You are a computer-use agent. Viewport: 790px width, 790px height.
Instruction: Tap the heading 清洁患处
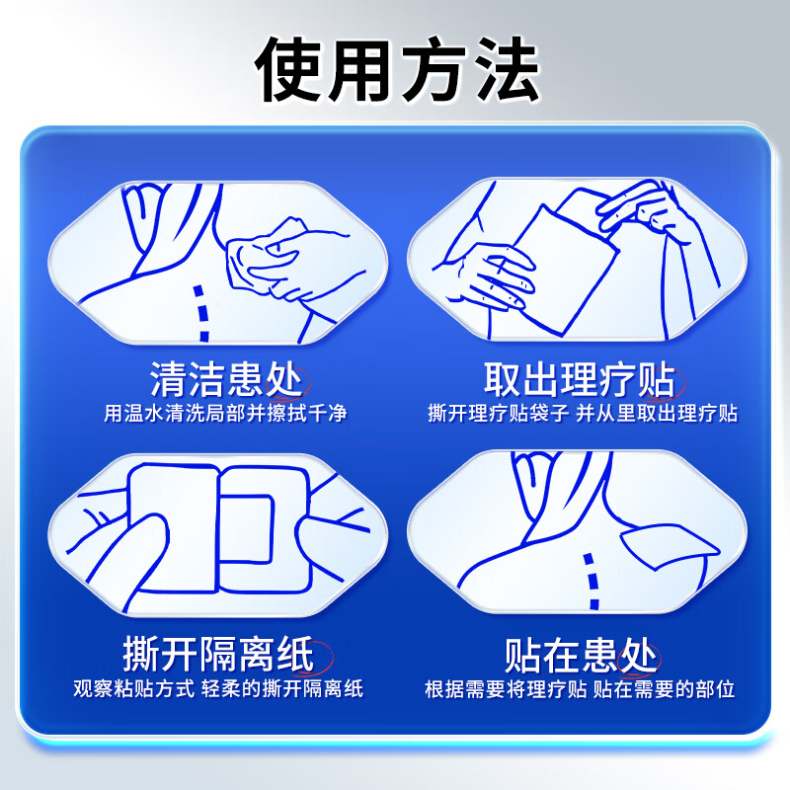coord(226,378)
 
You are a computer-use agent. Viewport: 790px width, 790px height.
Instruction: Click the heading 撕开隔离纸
coord(218,654)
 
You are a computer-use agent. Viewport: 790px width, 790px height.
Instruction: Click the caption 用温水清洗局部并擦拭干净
coord(226,413)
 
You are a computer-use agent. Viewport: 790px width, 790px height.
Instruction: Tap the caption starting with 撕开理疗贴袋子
coord(583,413)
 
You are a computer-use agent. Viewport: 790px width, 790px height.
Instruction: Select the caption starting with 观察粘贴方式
coord(218,688)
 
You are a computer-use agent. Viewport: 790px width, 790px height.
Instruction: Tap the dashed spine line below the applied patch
coord(592,583)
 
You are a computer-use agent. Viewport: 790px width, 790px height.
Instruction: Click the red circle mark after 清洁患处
coord(293,379)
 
